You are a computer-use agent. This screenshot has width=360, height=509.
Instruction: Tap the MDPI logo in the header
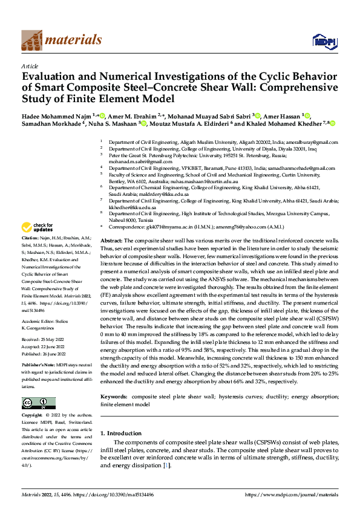[324, 41]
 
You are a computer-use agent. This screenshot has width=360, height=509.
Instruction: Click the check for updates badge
[37, 228]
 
